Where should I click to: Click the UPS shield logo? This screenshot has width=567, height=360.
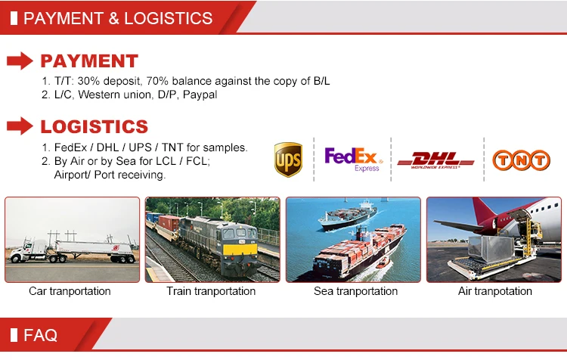[288, 160]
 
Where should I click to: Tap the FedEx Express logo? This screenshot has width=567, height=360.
[353, 159]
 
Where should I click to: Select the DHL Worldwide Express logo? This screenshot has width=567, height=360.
[435, 160]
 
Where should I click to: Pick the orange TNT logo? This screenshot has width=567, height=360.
[521, 160]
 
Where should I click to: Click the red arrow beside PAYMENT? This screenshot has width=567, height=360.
[20, 61]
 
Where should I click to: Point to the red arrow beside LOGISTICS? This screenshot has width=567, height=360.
[20, 126]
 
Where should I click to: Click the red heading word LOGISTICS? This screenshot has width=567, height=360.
[94, 126]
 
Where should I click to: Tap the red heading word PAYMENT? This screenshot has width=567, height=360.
[89, 61]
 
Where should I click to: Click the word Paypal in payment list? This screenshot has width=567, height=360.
[200, 95]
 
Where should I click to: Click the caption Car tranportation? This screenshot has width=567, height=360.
[70, 291]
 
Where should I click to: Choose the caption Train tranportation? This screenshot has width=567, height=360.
[211, 291]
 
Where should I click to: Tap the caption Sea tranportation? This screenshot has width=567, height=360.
[355, 291]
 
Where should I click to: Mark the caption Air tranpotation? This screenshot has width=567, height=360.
[495, 291]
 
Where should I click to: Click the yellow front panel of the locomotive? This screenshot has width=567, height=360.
[240, 250]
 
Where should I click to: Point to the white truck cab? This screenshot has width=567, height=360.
[29, 250]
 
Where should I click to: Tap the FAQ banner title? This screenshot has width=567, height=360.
[40, 335]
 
